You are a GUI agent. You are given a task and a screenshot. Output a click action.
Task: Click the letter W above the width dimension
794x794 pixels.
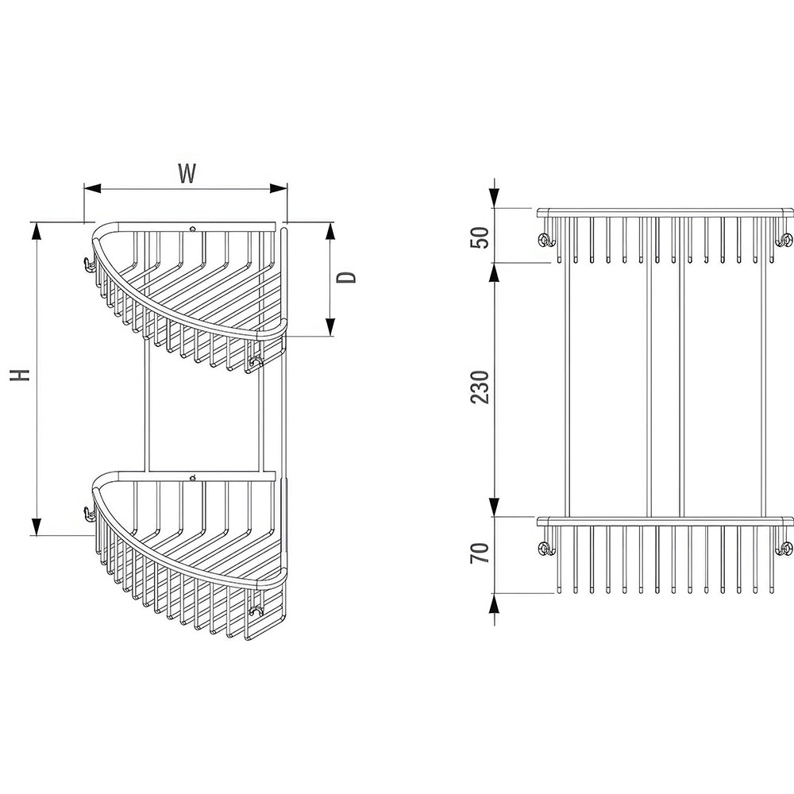(x=187, y=174)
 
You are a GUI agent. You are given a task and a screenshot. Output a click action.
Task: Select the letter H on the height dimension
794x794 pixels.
(x=21, y=374)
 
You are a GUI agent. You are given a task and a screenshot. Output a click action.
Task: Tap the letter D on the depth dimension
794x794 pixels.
(x=347, y=277)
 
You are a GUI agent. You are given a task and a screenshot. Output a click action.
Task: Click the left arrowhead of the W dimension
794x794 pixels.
(x=92, y=188)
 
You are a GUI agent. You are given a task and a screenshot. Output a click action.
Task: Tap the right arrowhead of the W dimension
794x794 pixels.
(x=279, y=188)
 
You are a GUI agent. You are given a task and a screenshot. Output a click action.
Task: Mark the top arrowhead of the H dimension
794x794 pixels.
(x=37, y=231)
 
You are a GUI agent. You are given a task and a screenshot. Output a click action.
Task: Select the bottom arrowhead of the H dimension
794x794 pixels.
(x=37, y=526)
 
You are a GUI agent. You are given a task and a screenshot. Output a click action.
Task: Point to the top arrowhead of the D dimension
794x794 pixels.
(x=330, y=231)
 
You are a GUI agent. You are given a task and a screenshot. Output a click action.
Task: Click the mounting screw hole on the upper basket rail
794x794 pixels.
(x=192, y=229)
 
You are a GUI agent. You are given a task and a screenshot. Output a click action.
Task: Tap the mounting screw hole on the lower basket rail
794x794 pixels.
(x=192, y=478)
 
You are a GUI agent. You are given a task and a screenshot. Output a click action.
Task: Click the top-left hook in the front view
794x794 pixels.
(x=545, y=241)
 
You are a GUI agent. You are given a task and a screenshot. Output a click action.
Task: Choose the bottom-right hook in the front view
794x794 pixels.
(x=786, y=549)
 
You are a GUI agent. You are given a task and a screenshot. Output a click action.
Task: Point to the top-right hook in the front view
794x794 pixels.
(x=786, y=241)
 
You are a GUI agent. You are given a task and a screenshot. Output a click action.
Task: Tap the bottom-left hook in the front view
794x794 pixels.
(x=545, y=549)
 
